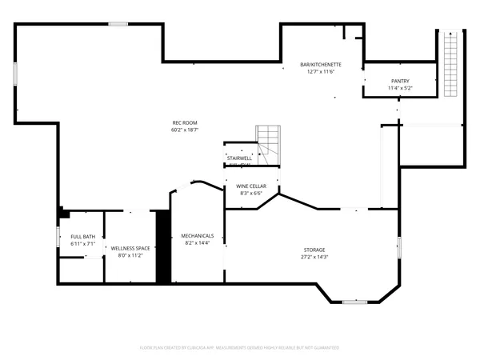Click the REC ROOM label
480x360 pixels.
pos(185,122)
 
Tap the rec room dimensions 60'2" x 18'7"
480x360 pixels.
pos(185,130)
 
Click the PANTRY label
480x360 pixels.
pos(400,81)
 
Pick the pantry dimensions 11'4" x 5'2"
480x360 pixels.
pos(400,88)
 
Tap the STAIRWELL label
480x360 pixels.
pos(240,158)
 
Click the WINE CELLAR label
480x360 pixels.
pos(251,186)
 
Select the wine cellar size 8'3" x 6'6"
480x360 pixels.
pos(251,194)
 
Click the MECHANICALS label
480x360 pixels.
pos(198,235)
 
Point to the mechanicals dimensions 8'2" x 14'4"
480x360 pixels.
pos(198,242)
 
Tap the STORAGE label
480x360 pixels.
pos(313,250)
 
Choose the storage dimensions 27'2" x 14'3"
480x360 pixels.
pos(313,258)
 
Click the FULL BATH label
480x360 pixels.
pos(82,236)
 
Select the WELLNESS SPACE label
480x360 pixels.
pos(130,249)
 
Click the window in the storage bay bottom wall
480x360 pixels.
pos(354,302)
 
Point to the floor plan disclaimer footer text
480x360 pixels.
pos(240,348)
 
